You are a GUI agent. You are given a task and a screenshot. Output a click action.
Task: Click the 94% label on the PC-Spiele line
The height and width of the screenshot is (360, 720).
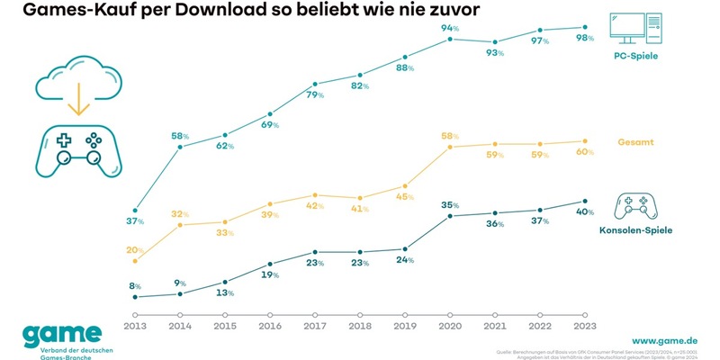(x=450, y=29)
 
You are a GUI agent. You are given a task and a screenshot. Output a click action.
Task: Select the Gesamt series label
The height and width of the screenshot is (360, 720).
(x=636, y=143)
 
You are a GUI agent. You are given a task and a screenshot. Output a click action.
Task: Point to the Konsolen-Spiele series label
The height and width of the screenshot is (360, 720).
(x=636, y=231)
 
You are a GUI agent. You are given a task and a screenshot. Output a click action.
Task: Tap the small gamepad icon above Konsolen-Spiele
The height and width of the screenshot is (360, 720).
(x=635, y=206)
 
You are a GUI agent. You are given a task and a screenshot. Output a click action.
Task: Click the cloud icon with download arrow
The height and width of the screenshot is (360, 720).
(x=75, y=70)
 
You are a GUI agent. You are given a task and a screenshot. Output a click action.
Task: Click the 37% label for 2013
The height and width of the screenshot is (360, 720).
(x=136, y=221)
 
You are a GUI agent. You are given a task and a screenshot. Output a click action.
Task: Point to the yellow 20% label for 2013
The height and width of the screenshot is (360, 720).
(x=136, y=249)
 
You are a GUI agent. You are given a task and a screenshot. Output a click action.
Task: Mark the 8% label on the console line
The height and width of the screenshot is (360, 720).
(x=136, y=286)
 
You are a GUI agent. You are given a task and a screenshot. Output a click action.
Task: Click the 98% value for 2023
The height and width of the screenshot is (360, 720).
(x=586, y=39)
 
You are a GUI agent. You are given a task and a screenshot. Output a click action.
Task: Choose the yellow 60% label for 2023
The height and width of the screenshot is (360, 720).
(x=586, y=152)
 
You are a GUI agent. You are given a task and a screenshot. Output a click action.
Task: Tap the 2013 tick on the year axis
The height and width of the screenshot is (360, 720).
(x=135, y=314)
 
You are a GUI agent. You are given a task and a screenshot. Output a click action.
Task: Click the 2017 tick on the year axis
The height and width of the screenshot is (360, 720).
(x=315, y=314)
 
